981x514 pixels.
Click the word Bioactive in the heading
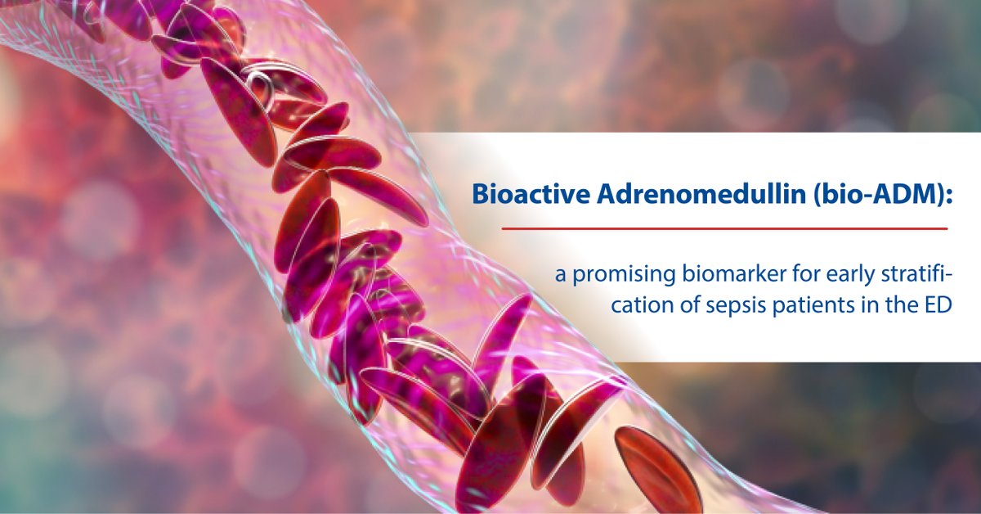(x=531, y=194)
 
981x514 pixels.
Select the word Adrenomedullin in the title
(x=701, y=194)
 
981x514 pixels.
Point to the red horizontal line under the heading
(x=724, y=228)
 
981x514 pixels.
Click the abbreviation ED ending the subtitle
(x=938, y=305)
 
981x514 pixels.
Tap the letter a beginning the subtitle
(x=561, y=277)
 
